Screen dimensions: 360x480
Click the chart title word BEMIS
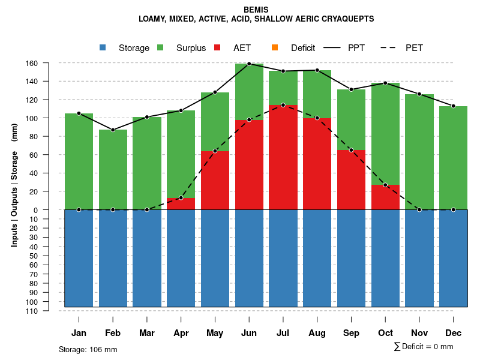coord(256,10)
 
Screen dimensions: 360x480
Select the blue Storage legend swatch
coord(103,47)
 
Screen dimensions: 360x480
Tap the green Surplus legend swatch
coord(160,47)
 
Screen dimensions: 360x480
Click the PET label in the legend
coord(414,48)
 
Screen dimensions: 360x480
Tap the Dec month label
coord(453,333)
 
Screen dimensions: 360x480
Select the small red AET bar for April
coord(181,204)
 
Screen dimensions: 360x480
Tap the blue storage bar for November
coord(419,258)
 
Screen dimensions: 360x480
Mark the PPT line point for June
coord(249,64)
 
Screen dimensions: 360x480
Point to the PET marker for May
coord(215,151)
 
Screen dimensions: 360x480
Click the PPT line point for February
coord(113,130)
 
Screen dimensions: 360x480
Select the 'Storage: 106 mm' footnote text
coord(88,349)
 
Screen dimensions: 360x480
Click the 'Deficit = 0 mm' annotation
coord(427,346)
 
